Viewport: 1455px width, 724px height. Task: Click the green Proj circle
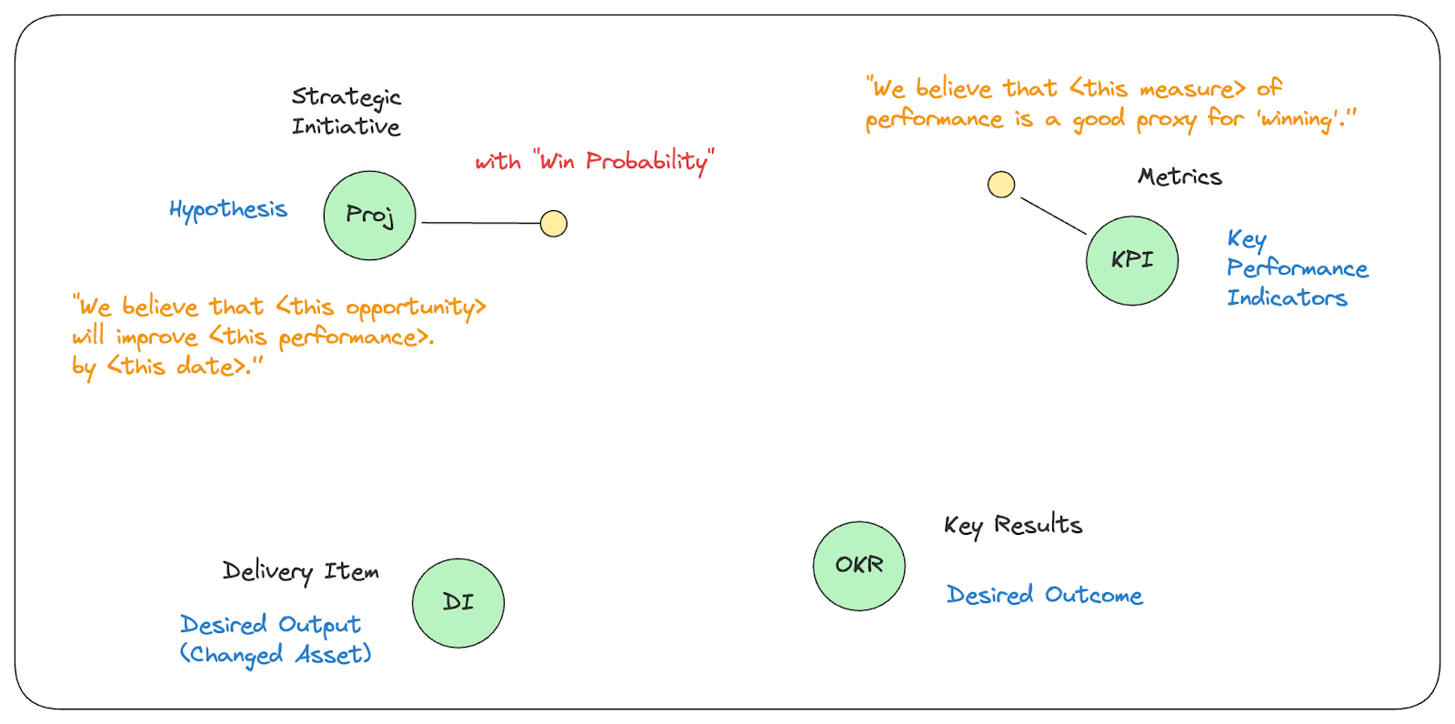pyautogui.click(x=369, y=216)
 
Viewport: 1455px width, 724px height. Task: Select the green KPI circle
pyautogui.click(x=1132, y=261)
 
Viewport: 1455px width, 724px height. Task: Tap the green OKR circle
pyautogui.click(x=859, y=566)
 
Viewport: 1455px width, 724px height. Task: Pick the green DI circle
pyautogui.click(x=458, y=603)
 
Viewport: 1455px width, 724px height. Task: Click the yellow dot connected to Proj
pyautogui.click(x=554, y=224)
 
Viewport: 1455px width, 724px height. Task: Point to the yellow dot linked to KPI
pyautogui.click(x=1001, y=185)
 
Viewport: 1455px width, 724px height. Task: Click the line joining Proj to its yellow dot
pyautogui.click(x=481, y=223)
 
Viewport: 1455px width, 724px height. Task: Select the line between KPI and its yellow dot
pyautogui.click(x=1053, y=216)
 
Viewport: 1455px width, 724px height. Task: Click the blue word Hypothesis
pyautogui.click(x=228, y=210)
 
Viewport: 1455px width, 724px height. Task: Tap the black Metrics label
pyautogui.click(x=1179, y=176)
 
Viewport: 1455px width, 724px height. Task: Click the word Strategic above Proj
pyautogui.click(x=346, y=97)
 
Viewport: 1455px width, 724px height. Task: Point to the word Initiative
pyautogui.click(x=346, y=126)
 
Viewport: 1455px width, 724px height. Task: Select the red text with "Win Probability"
pyautogui.click(x=595, y=161)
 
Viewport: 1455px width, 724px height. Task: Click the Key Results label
pyautogui.click(x=1013, y=526)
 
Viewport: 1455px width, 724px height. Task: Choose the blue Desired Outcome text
pyautogui.click(x=1045, y=595)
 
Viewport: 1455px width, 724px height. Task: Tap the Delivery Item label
pyautogui.click(x=301, y=572)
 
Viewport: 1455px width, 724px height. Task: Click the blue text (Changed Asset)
pyautogui.click(x=276, y=655)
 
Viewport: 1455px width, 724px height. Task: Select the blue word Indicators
pyautogui.click(x=1287, y=297)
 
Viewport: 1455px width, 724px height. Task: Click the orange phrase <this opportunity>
pyautogui.click(x=381, y=307)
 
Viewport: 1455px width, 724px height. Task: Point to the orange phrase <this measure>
pyautogui.click(x=1158, y=88)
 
